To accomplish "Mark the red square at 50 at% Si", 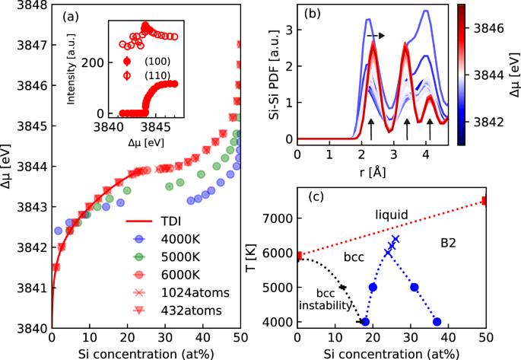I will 484,201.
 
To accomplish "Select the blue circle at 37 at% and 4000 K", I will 437,322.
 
